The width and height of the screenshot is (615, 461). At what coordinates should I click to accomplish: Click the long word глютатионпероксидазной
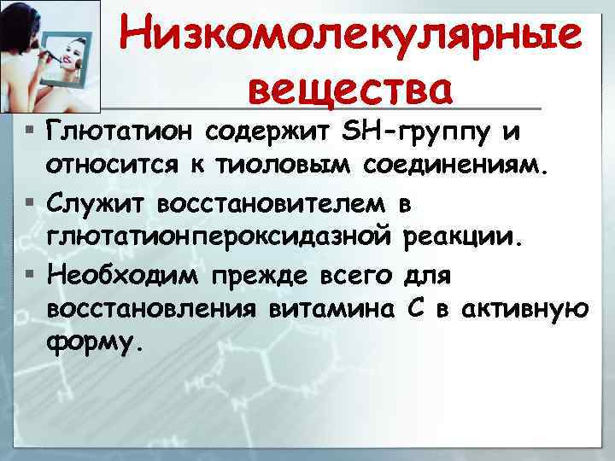pyautogui.click(x=220, y=236)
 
